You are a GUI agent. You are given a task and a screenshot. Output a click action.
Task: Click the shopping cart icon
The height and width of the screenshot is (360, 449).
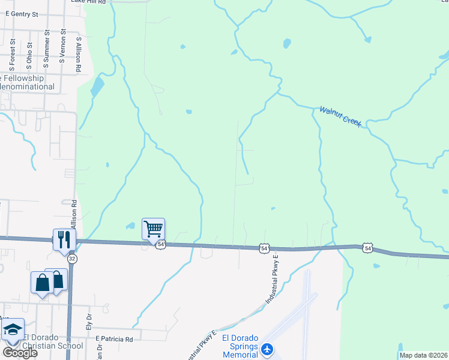pyautogui.click(x=154, y=228)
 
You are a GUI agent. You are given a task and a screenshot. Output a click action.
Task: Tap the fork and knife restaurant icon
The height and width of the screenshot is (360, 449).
pyautogui.click(x=64, y=239)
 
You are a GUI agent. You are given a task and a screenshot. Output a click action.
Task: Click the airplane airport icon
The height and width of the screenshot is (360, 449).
pyautogui.click(x=268, y=349)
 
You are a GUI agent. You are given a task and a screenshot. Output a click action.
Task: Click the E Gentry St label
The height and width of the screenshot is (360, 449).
pyautogui.click(x=22, y=13)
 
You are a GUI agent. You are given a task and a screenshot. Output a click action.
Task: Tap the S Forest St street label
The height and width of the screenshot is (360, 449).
pyautogui.click(x=12, y=52)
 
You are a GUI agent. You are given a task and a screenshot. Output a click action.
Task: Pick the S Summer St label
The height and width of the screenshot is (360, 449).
pyautogui.click(x=46, y=49)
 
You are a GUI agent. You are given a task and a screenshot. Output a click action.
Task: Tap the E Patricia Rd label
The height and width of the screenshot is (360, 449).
pyautogui.click(x=114, y=339)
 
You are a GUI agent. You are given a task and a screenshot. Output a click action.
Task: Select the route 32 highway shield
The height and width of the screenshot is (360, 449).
pyautogui.click(x=72, y=258)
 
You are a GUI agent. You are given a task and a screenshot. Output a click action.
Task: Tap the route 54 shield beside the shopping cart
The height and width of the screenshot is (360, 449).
pyautogui.click(x=161, y=245)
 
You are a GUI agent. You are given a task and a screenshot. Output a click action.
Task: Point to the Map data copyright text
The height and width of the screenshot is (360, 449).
pyautogui.click(x=423, y=355)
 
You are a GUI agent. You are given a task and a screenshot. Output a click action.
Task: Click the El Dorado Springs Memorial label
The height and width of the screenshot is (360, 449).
pyautogui.click(x=240, y=346)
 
